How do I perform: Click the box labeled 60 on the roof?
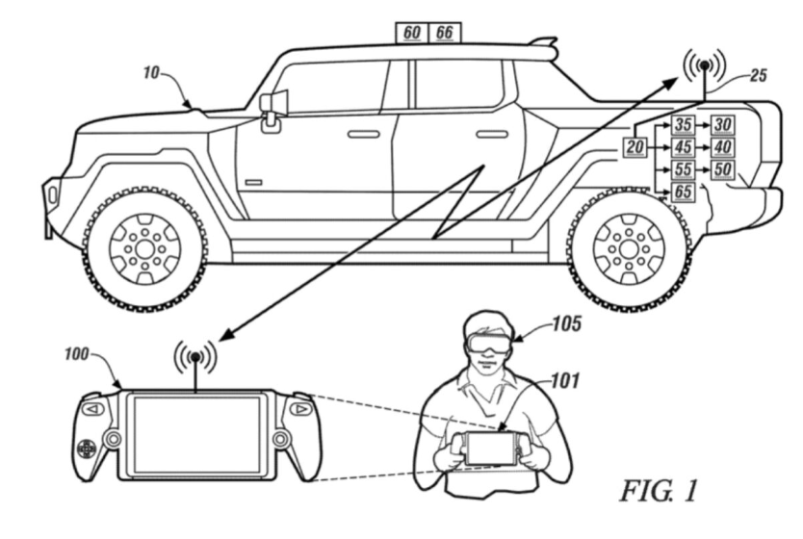point(411,33)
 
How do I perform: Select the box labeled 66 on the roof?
point(444,33)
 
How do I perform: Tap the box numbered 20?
point(635,147)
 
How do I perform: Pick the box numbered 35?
point(683,125)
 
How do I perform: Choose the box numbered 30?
point(723,125)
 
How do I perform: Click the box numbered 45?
point(683,147)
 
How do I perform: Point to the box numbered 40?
point(723,147)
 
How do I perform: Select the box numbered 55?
point(683,169)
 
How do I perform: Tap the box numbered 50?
point(723,169)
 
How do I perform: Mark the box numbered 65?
point(683,192)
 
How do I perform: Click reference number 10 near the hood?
point(153,72)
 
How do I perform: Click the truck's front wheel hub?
point(144,248)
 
